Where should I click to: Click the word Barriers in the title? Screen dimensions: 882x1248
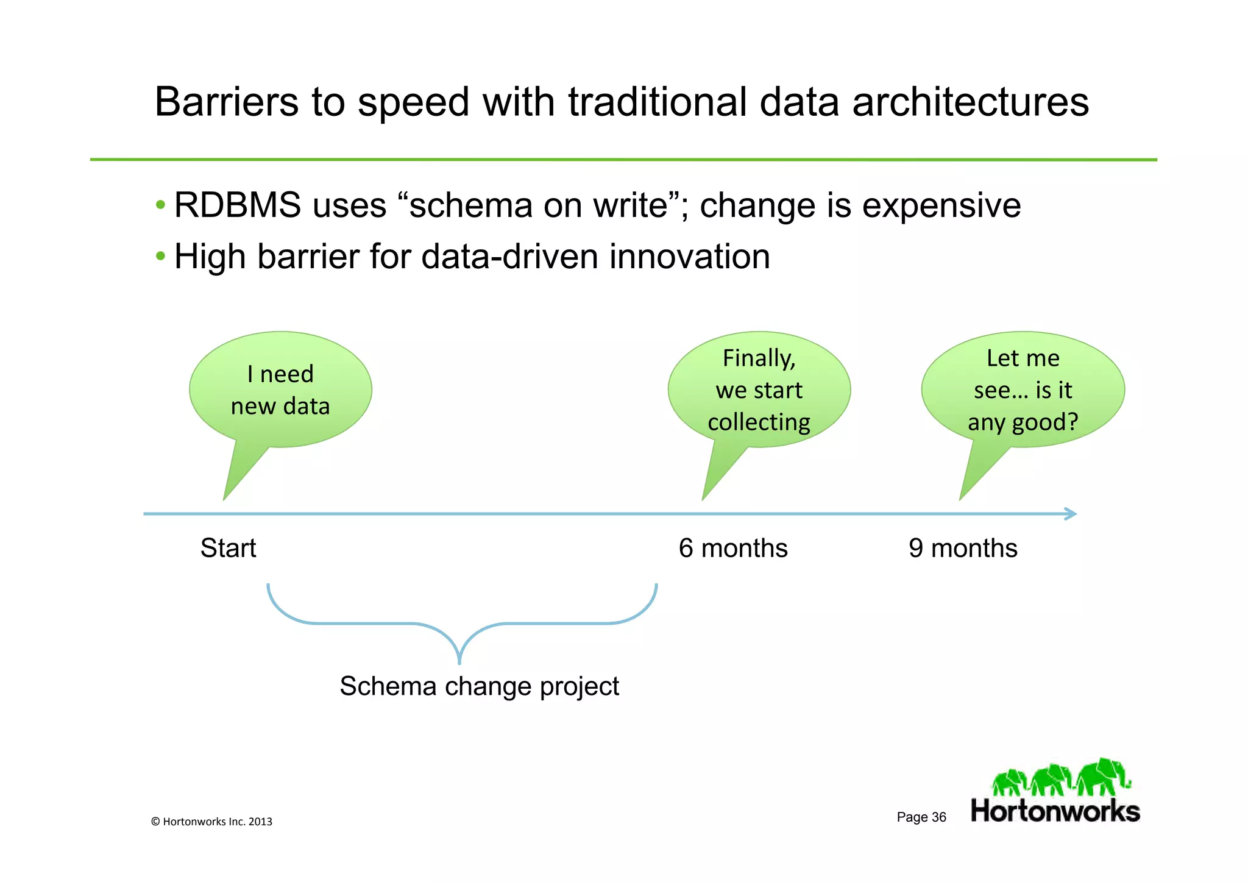click(226, 102)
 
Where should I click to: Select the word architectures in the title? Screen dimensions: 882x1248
click(970, 102)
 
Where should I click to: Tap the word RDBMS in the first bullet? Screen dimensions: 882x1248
click(237, 205)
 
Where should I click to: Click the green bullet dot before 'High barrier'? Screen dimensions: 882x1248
click(160, 256)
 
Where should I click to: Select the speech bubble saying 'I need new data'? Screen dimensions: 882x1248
click(280, 390)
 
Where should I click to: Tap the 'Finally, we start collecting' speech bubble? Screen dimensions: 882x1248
click(759, 390)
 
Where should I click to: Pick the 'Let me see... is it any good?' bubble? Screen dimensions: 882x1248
click(1023, 390)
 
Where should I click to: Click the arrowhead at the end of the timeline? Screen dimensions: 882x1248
click(1072, 514)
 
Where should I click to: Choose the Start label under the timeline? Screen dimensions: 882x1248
click(228, 548)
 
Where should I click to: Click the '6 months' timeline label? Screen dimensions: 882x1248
click(733, 548)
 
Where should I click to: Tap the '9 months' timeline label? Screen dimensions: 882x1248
click(963, 548)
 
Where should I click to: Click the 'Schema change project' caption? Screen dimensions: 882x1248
click(479, 686)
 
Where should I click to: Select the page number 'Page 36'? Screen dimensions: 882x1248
click(921, 817)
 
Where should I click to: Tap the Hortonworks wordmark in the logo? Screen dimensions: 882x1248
click(1055, 811)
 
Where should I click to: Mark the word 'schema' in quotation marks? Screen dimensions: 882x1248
click(470, 205)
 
